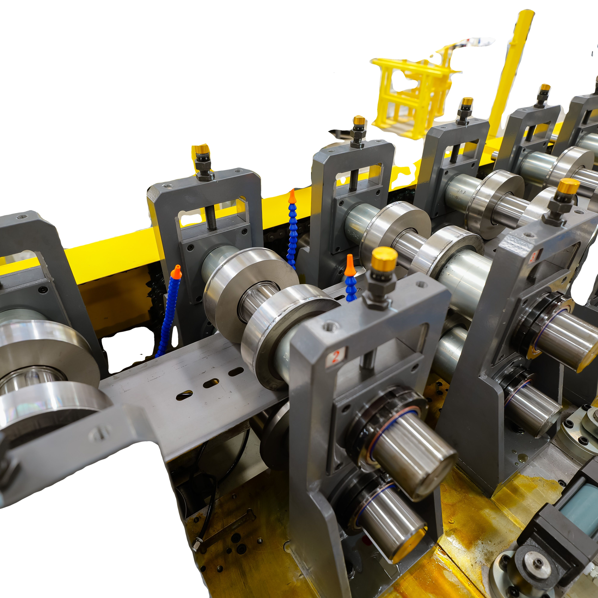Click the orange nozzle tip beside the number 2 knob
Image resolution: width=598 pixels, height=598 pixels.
(x=349, y=265)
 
